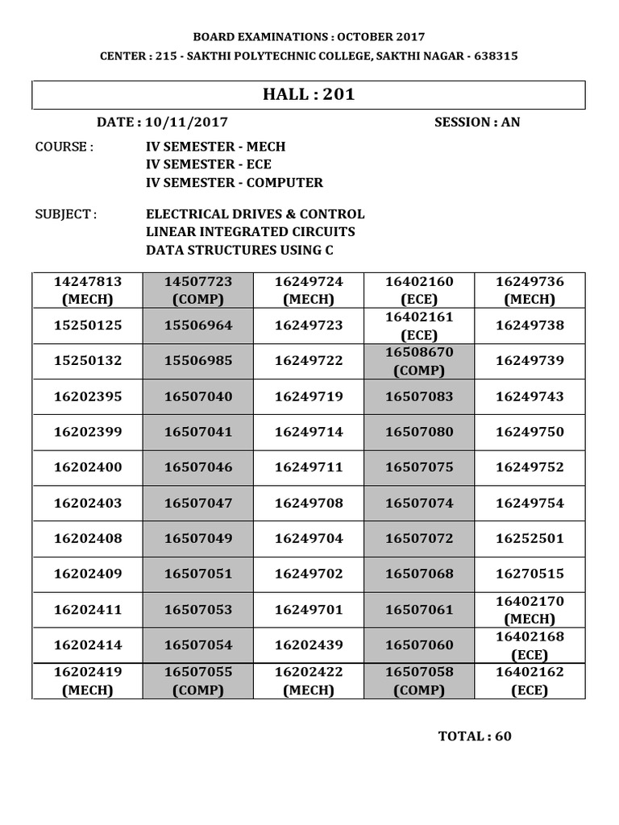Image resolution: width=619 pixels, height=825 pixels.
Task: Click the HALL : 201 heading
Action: tap(309, 95)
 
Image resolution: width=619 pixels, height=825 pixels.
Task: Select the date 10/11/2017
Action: tap(187, 122)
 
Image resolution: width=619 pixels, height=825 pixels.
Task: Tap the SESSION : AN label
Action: tap(477, 122)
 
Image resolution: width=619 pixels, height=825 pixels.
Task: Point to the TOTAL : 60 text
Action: tap(475, 736)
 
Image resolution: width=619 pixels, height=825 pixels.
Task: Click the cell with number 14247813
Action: tap(88, 290)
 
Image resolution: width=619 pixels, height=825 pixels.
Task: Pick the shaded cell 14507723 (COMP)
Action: tap(198, 290)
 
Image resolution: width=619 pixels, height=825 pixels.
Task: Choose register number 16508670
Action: tap(419, 353)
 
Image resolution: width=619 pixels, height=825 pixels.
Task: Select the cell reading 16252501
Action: tap(530, 538)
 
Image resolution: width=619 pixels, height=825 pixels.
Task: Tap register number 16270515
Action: tap(530, 574)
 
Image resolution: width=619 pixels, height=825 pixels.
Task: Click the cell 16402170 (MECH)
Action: tap(530, 610)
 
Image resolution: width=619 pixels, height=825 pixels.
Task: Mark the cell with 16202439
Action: tap(309, 645)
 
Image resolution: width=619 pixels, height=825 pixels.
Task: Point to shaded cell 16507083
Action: tap(419, 396)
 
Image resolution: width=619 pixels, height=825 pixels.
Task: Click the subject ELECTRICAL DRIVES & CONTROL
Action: tap(255, 214)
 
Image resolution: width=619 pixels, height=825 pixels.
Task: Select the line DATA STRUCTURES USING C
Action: tap(239, 250)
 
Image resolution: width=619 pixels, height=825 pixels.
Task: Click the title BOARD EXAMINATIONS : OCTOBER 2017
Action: tap(309, 37)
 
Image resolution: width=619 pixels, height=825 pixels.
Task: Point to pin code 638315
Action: tap(492, 56)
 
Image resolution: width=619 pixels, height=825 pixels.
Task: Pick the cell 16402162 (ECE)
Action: tap(530, 681)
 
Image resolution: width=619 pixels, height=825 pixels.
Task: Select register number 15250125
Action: tap(88, 325)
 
